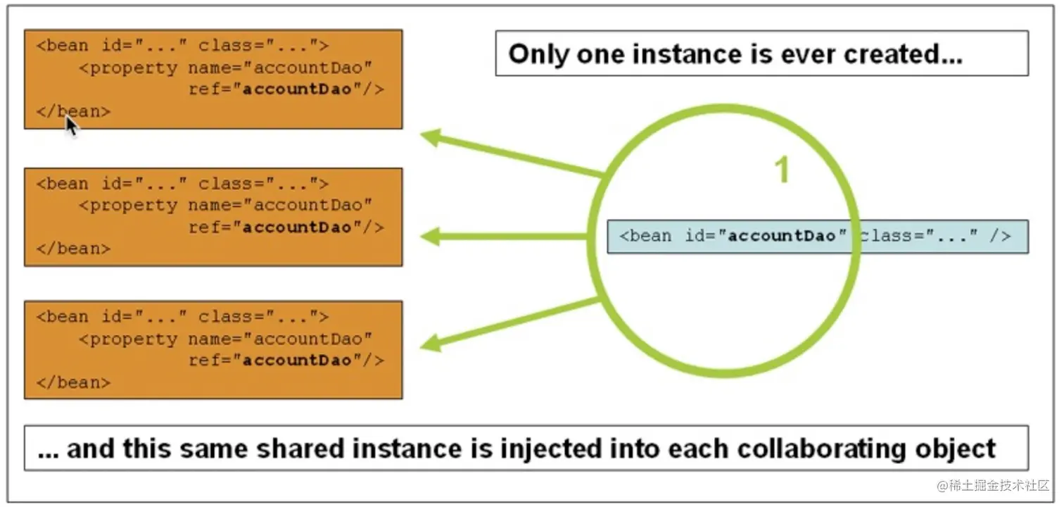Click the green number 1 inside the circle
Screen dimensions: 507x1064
(782, 171)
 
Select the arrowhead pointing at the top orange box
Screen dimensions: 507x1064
(431, 137)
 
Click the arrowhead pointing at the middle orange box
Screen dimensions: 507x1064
(430, 237)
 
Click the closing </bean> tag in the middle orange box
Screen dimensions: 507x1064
(73, 249)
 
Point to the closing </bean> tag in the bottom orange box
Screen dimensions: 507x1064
(73, 382)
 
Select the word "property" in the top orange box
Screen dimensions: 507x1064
(134, 68)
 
